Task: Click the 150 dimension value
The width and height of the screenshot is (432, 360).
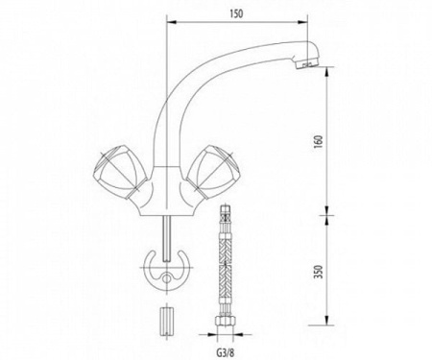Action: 236,13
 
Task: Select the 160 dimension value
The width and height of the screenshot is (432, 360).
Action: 319,142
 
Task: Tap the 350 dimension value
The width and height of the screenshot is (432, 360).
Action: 319,272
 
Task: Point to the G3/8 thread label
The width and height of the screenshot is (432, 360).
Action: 226,353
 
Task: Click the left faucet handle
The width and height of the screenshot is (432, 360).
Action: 119,172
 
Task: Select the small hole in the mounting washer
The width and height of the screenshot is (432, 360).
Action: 166,278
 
